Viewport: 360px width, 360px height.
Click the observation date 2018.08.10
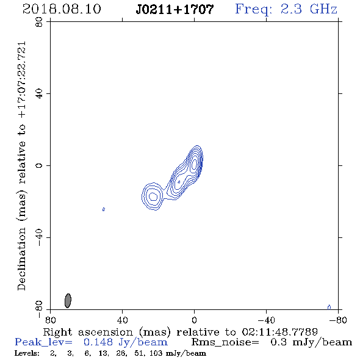click(62, 9)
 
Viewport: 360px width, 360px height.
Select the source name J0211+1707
click(175, 9)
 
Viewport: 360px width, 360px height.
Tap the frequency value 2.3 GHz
click(309, 9)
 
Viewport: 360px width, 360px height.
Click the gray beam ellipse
click(68, 301)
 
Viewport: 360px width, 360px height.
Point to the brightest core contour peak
click(194, 164)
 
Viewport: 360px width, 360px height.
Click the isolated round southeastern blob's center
click(153, 196)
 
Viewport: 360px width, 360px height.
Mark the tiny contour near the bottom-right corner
click(329, 307)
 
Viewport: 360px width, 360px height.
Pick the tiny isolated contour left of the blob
click(104, 209)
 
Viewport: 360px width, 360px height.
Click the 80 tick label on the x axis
click(50, 320)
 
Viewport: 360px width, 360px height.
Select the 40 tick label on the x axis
click(122, 320)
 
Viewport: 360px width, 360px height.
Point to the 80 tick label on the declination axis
click(39, 22)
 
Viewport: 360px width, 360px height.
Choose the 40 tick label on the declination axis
click(39, 94)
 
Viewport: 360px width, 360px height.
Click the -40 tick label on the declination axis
click(39, 237)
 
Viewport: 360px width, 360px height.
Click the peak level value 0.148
click(98, 342)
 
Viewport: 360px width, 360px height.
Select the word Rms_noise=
click(225, 342)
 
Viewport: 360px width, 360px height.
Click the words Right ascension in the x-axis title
click(88, 332)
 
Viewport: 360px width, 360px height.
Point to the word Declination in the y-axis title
click(21, 259)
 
